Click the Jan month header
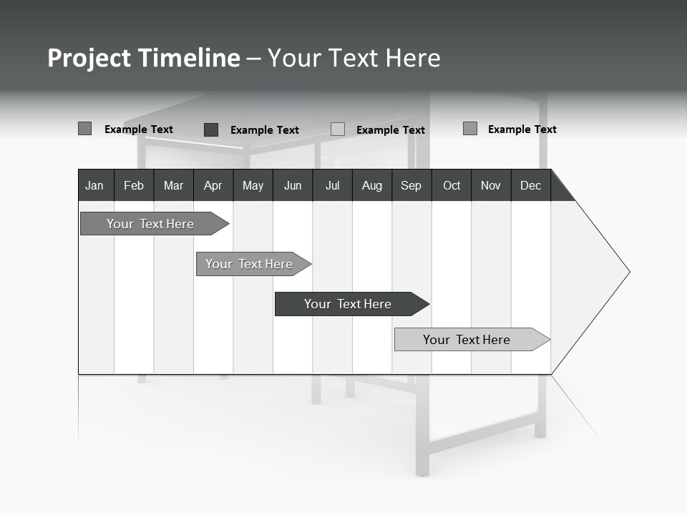click(95, 185)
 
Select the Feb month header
click(134, 185)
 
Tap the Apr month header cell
click(213, 185)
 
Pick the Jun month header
click(293, 185)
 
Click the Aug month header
click(372, 185)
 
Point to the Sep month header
click(411, 185)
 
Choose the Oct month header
click(452, 185)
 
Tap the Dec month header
click(531, 185)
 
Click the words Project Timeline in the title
click(143, 58)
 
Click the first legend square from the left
click(84, 129)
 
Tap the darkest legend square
click(211, 129)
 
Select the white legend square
click(338, 129)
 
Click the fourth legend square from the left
click(470, 129)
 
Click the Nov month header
click(491, 185)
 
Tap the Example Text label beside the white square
click(391, 130)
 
